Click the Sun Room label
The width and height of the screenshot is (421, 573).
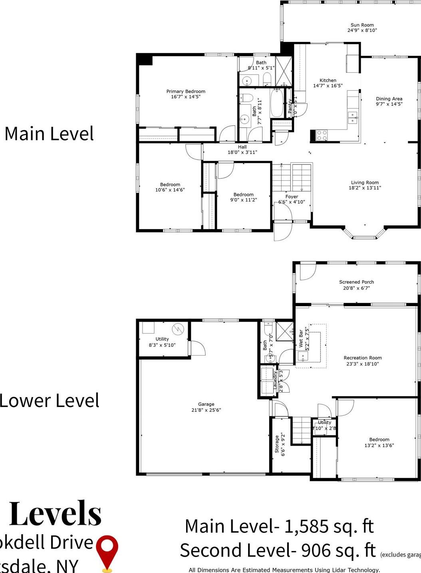[x=362, y=25]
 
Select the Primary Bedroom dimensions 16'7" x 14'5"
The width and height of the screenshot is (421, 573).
[x=186, y=97]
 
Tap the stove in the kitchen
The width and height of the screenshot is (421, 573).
[x=322, y=135]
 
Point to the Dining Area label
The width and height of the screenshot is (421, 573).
[x=389, y=99]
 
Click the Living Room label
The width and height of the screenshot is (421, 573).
[x=365, y=183]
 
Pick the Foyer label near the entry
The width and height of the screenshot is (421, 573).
[x=292, y=197]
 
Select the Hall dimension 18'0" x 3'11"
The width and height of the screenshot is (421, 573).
[x=242, y=152]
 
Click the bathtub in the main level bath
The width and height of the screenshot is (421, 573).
[x=277, y=103]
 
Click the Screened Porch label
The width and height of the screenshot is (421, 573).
[x=356, y=282]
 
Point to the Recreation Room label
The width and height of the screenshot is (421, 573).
[x=363, y=358]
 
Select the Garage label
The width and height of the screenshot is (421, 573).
[x=206, y=404]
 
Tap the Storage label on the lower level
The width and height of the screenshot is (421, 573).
[x=277, y=444]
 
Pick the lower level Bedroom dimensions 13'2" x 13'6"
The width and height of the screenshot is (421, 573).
[x=379, y=446]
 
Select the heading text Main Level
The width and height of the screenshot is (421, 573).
[x=49, y=134]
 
